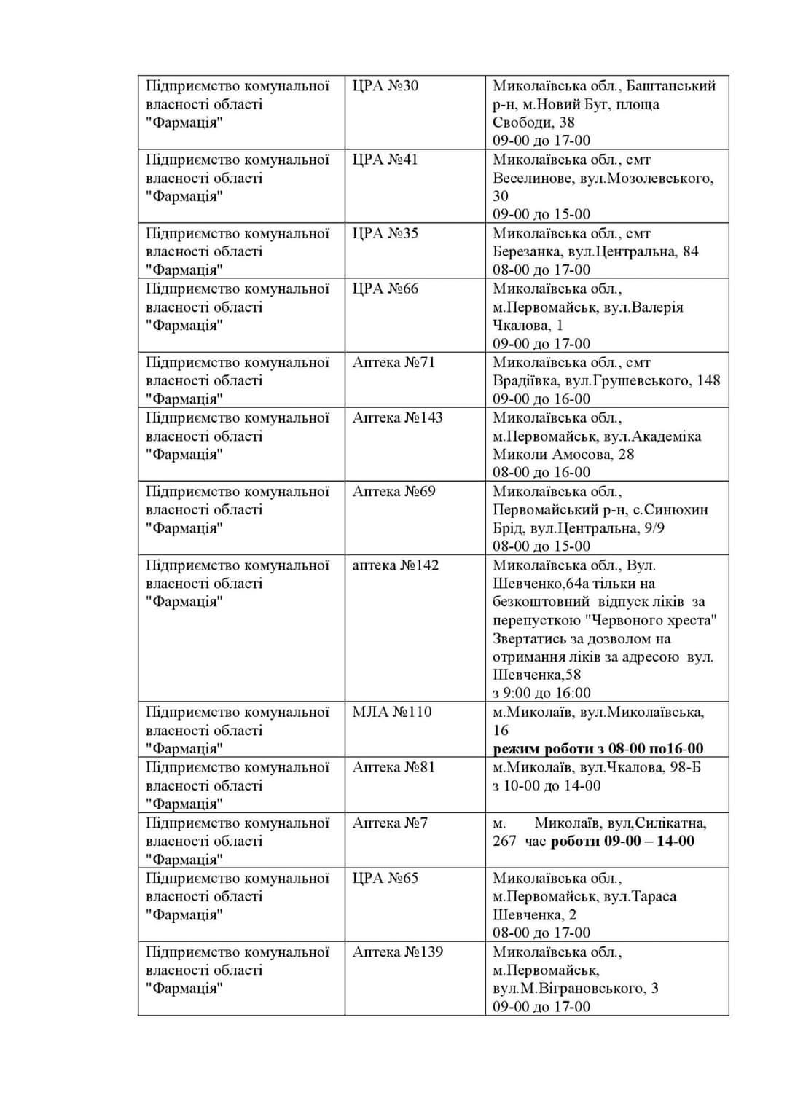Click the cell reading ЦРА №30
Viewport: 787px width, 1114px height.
tap(385, 86)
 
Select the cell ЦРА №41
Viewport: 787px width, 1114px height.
tap(385, 160)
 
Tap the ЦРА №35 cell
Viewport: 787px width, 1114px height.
tap(385, 233)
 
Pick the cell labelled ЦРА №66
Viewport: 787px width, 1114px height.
tap(385, 289)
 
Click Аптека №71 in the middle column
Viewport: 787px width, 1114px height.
tap(393, 362)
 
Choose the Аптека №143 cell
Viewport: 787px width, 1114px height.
tap(397, 417)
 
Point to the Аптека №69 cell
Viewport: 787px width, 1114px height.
tap(393, 491)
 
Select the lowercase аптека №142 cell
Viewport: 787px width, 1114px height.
tap(395, 565)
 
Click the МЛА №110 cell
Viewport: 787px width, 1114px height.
tap(392, 712)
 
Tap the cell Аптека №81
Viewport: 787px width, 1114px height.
tap(393, 767)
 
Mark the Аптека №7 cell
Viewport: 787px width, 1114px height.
tap(390, 823)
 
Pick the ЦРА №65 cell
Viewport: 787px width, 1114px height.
tap(385, 878)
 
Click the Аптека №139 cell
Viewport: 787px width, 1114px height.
tap(397, 952)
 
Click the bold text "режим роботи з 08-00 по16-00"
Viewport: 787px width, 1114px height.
tap(598, 748)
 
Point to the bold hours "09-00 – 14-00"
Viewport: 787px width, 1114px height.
tap(649, 841)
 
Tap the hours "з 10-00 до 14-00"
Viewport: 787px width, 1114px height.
tap(547, 785)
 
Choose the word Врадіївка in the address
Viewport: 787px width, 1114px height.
tap(526, 380)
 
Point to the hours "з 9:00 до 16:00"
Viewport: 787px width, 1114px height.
tap(541, 693)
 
